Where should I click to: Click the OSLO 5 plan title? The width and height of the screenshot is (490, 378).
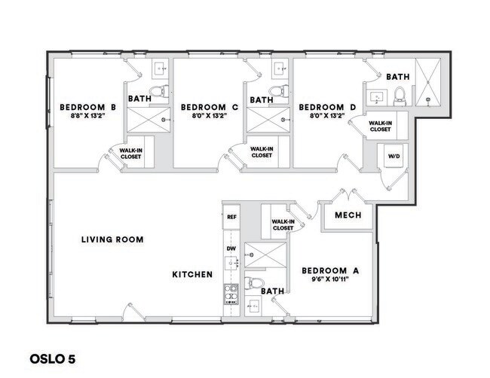(53, 358)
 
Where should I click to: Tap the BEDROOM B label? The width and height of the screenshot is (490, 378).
(87, 107)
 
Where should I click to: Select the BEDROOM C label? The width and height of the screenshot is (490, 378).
(210, 107)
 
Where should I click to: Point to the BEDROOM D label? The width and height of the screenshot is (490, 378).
(327, 107)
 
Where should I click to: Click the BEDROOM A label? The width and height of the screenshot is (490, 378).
(329, 270)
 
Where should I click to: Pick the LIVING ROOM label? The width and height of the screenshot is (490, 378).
(112, 239)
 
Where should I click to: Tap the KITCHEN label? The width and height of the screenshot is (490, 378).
(192, 275)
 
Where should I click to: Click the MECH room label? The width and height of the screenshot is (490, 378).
(348, 215)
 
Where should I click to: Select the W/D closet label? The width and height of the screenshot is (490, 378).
(394, 157)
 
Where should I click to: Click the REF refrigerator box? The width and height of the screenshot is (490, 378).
(231, 217)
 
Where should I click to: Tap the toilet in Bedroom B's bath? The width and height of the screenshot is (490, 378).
(158, 92)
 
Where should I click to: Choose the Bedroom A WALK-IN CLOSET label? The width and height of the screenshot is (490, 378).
(283, 224)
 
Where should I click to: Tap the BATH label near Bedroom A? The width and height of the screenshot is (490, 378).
(271, 290)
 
